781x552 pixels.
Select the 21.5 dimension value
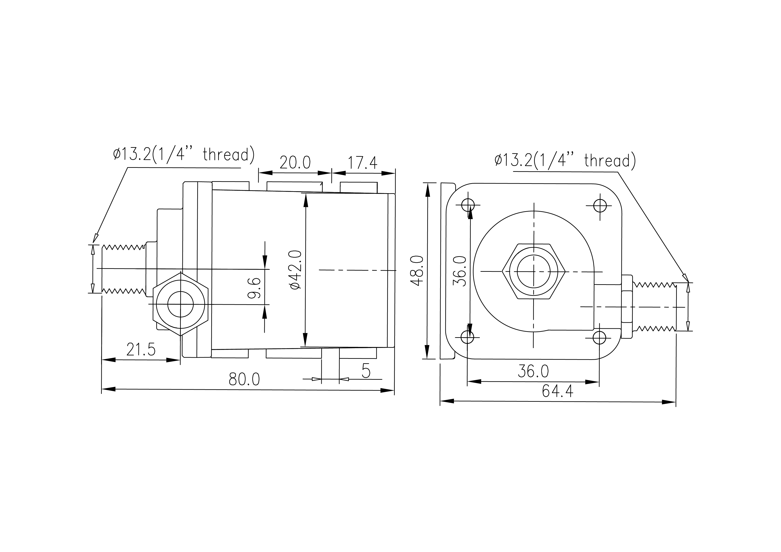[x=141, y=349]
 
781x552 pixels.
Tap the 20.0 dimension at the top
[x=295, y=163]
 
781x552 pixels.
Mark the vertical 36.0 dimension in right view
[x=460, y=271]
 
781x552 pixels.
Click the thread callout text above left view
[x=184, y=154]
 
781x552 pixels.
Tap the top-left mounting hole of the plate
[x=468, y=205]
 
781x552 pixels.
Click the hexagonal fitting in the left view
[x=180, y=304]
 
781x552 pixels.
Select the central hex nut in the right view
[x=534, y=271]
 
